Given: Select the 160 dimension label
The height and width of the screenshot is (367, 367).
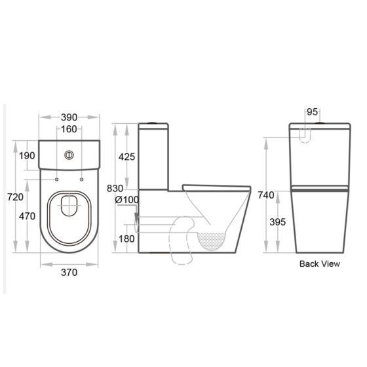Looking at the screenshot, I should tap(69, 128).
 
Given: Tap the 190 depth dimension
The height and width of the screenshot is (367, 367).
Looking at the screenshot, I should tap(28, 155).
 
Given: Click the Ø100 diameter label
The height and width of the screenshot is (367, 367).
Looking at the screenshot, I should tap(125, 199).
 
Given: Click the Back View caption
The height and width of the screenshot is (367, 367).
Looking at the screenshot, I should tap(319, 264).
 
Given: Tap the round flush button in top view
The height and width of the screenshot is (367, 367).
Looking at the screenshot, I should tap(69, 155).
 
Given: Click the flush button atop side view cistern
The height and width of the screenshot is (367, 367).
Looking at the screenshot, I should tap(151, 123).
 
